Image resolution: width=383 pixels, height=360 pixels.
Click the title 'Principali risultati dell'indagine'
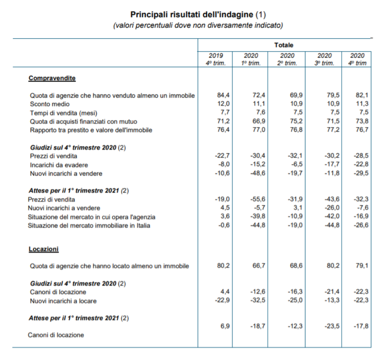pos(192,15)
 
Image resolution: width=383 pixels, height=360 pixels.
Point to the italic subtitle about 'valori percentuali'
pos(198,25)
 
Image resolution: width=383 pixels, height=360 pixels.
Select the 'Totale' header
pos(283,45)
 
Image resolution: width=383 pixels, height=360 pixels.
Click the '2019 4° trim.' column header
pos(216,59)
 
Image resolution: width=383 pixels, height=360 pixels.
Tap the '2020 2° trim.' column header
pos(287,59)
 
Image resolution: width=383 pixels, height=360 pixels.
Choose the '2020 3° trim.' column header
pos(324,59)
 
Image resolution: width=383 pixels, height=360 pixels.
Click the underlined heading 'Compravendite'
pos(52,78)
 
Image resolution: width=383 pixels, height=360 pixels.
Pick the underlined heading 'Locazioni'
pos(44,249)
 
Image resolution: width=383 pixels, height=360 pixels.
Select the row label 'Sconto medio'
pos(49,104)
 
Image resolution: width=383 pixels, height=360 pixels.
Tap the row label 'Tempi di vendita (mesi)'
pos(63,113)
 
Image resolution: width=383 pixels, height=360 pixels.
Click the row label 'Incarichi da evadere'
pos(59,165)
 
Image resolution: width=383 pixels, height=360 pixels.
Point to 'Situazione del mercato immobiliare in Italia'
pos(89,225)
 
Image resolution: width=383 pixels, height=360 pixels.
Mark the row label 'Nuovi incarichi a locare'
pos(63,301)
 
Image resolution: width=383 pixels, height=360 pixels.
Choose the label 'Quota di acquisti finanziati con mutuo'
pos(83,122)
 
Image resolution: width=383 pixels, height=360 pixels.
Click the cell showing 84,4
pos(223,95)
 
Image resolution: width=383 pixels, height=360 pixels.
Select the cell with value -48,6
pos(258,173)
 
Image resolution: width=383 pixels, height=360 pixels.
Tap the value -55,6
pos(258,199)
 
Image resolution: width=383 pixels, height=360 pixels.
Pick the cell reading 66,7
pos(259,266)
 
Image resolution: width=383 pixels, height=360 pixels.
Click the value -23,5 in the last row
pos(332,326)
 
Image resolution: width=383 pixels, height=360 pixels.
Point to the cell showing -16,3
pos(295,292)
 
